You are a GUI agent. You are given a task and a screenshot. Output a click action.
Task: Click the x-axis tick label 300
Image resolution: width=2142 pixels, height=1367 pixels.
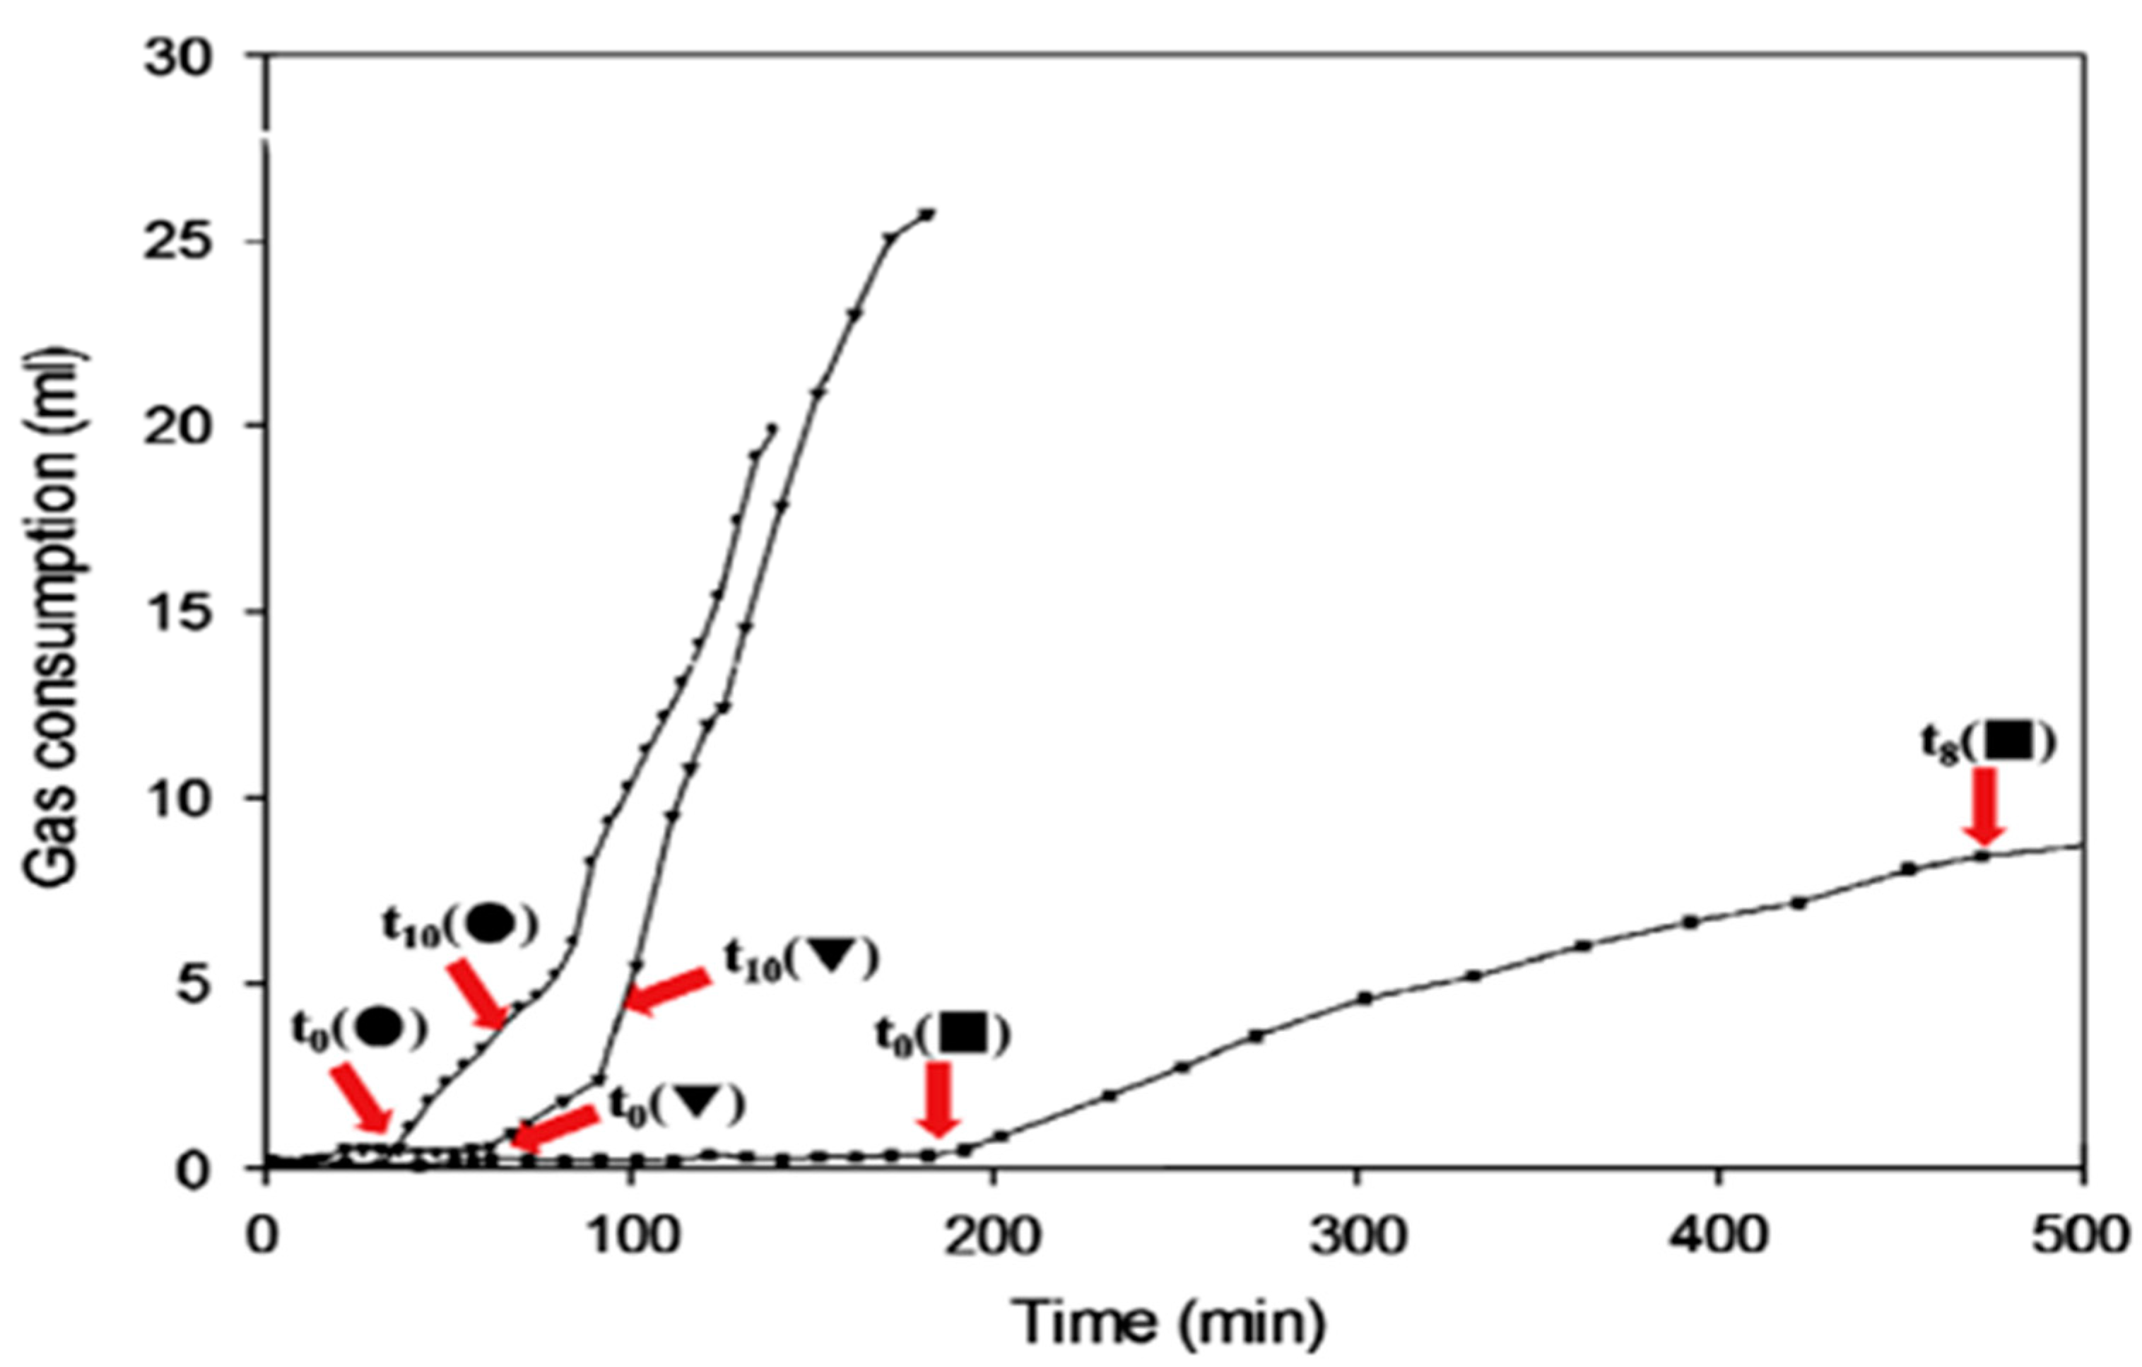pos(1358,1237)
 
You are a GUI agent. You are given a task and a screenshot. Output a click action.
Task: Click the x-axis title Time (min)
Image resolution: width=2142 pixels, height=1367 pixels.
pos(1170,1321)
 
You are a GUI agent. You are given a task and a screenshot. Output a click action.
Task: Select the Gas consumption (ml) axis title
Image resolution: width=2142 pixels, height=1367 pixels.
pos(55,618)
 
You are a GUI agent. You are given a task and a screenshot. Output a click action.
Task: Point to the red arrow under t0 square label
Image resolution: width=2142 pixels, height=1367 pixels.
pos(939,1098)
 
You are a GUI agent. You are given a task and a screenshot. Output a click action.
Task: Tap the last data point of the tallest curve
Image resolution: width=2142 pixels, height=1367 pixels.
pos(929,213)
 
